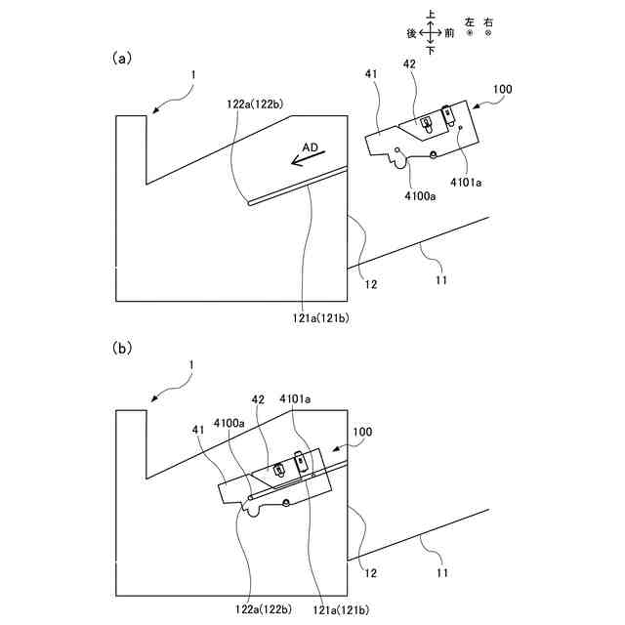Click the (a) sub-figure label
click(121, 58)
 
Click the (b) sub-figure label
click(121, 348)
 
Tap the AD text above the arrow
click(310, 146)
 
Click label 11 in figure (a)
click(440, 280)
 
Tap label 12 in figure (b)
click(371, 572)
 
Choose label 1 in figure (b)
click(192, 364)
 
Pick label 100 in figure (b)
click(360, 431)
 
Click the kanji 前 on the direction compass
click(448, 32)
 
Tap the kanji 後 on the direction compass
click(412, 32)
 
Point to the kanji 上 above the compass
click(431, 15)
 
